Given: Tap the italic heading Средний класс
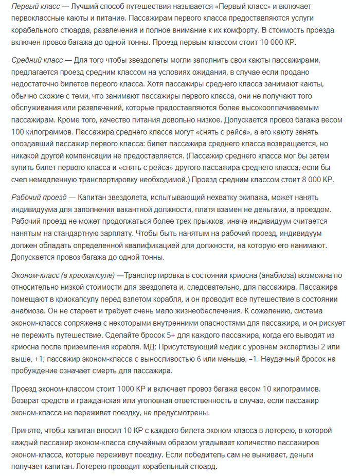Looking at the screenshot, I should tap(35, 61).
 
